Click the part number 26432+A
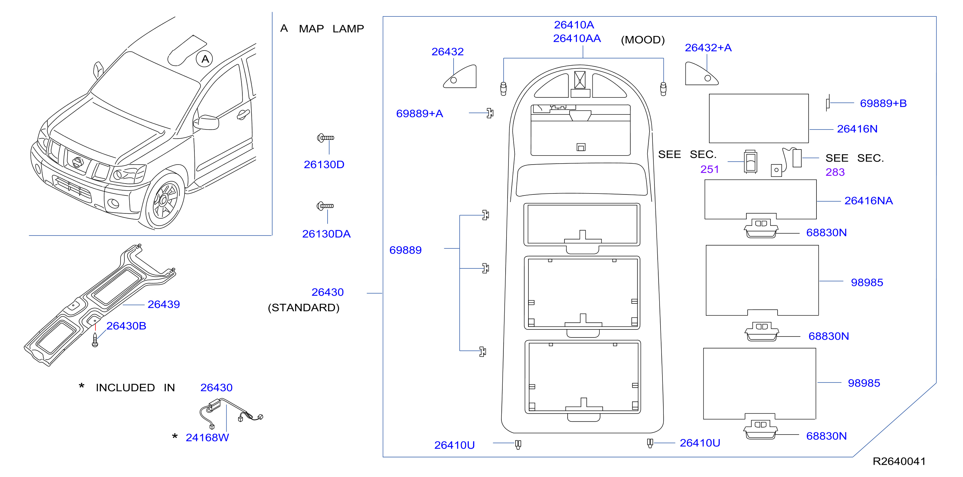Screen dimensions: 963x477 click(x=708, y=48)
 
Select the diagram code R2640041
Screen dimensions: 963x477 click(x=899, y=461)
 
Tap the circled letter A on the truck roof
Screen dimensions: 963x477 click(x=205, y=59)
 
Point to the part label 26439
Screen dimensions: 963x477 click(x=164, y=304)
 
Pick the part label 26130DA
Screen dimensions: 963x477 click(x=326, y=234)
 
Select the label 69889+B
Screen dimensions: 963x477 click(x=883, y=104)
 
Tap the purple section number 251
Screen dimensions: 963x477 click(x=709, y=169)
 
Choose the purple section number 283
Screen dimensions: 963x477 click(x=835, y=172)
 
